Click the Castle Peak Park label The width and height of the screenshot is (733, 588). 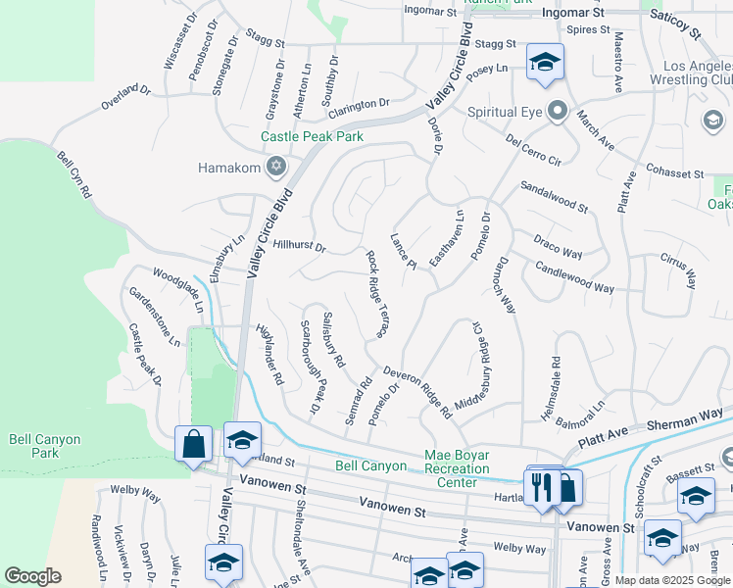[313, 137]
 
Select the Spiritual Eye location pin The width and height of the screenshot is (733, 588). [558, 110]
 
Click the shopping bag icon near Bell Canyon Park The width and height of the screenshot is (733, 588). [194, 442]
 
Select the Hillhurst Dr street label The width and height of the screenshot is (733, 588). [299, 246]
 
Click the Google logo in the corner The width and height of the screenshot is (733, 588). [32, 575]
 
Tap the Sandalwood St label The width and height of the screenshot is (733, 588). [554, 196]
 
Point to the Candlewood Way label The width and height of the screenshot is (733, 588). [574, 279]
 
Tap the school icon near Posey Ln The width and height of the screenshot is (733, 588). [544, 63]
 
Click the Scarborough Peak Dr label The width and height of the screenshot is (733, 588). [311, 366]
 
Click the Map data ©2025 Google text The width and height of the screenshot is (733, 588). [672, 580]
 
